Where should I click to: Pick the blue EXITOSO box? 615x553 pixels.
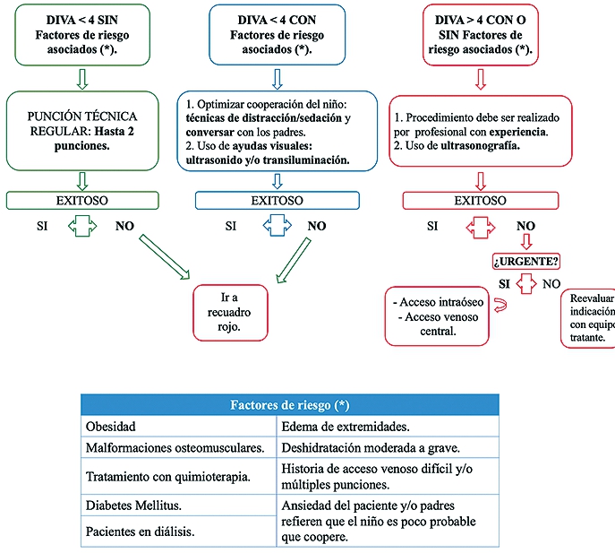277,200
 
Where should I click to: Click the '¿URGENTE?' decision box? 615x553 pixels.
525,262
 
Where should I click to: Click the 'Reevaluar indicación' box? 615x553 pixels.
587,319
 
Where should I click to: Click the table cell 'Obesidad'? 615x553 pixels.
178,427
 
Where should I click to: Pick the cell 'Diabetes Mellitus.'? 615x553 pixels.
178,505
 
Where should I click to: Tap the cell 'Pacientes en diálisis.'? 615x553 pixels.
178,531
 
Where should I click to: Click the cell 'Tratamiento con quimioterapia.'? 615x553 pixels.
178,476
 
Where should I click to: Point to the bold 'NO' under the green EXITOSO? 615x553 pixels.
124,226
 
